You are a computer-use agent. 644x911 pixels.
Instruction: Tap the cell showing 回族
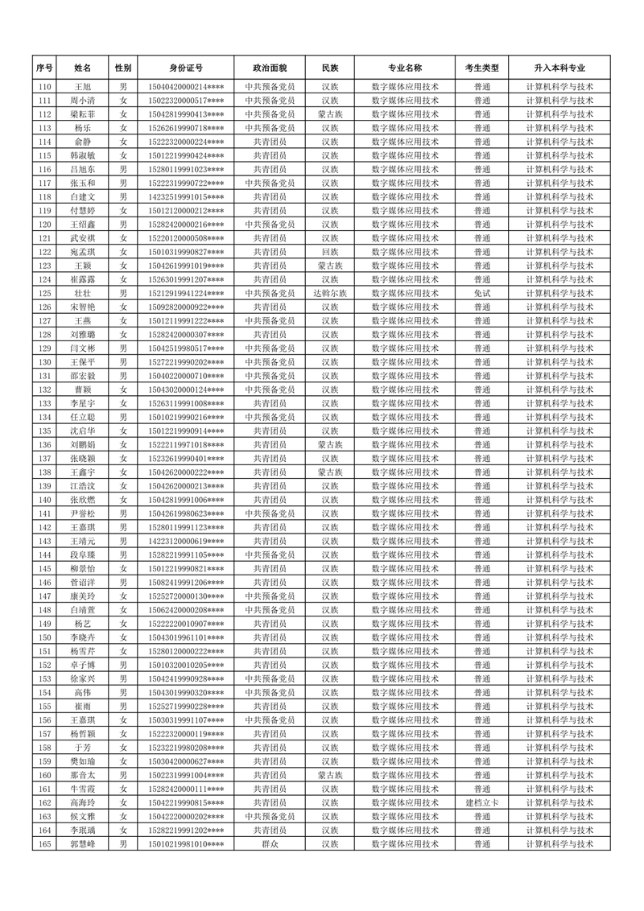[330, 252]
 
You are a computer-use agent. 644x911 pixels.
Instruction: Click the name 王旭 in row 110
[83, 87]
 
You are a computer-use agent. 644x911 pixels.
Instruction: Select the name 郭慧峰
[83, 843]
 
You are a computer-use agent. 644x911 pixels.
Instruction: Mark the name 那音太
[83, 775]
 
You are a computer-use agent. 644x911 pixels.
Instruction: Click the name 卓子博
[83, 665]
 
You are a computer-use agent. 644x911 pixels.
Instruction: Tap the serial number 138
[45, 472]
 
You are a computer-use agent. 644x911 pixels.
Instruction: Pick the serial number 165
[45, 843]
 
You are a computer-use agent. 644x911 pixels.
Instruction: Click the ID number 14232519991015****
[186, 197]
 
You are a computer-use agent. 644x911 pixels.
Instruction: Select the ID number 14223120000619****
[186, 541]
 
